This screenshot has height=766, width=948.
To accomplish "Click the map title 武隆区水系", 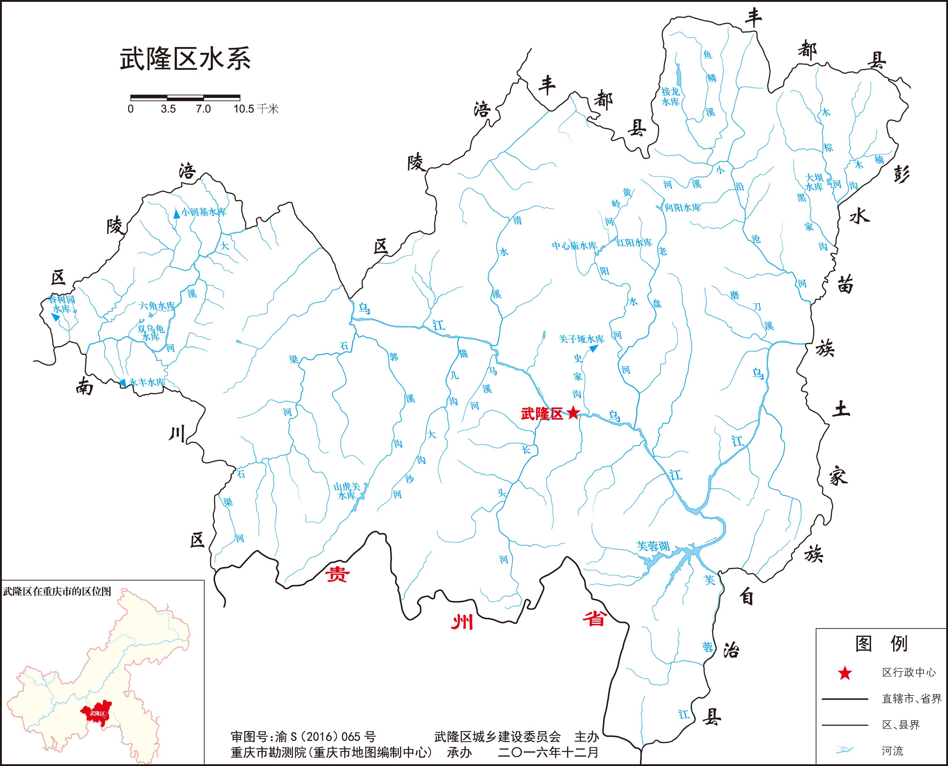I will coord(185,60).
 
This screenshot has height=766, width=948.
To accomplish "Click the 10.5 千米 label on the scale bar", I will coord(256,108).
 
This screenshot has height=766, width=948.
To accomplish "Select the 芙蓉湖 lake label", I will coord(653,546).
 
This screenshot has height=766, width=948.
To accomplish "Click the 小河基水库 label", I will coord(203,212).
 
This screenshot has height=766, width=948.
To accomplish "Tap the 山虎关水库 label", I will coord(347,491).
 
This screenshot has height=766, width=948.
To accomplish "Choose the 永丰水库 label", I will coord(146,382).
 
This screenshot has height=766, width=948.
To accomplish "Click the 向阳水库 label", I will coord(683,207).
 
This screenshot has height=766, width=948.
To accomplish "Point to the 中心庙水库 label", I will coord(574,245).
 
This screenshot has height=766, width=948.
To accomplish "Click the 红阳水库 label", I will coord(634,243).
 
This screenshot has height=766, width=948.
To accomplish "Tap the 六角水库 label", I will coord(157,305).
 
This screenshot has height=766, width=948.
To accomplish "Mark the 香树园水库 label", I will coord(62,304).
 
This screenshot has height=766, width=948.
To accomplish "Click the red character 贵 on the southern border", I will coord(337,574).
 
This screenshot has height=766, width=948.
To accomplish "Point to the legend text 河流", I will coord(892,751).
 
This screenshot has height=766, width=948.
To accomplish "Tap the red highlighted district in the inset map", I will coord(97,713).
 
